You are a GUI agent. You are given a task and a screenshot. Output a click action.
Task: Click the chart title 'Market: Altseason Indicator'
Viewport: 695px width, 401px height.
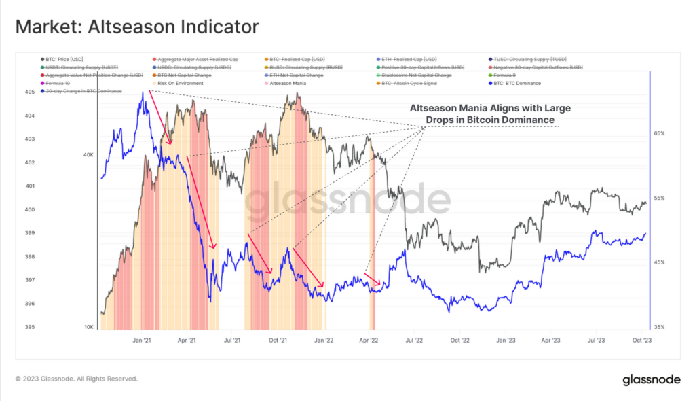point(137,27)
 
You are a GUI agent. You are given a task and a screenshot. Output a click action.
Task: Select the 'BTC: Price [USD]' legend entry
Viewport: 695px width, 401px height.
point(64,59)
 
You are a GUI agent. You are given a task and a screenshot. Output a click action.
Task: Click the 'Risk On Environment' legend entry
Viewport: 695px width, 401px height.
point(180,83)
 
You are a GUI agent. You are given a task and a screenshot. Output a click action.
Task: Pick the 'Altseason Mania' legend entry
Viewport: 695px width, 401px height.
point(288,83)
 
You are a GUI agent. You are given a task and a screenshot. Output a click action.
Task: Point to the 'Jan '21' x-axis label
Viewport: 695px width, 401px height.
point(142,339)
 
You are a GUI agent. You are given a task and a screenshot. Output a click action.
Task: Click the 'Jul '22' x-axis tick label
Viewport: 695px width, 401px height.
point(414,339)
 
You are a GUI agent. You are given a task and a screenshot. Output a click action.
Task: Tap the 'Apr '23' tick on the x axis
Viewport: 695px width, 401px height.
point(550,339)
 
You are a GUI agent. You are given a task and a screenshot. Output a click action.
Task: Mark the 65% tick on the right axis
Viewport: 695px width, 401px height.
point(659,134)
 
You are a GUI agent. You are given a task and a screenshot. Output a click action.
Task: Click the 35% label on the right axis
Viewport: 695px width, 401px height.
point(659,327)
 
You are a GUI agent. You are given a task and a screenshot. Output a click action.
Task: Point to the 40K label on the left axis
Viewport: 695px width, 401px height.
point(88,155)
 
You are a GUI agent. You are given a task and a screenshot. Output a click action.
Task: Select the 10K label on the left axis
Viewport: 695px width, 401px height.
point(88,327)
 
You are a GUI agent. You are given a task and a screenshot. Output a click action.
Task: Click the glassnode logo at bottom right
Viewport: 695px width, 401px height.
point(652,379)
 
